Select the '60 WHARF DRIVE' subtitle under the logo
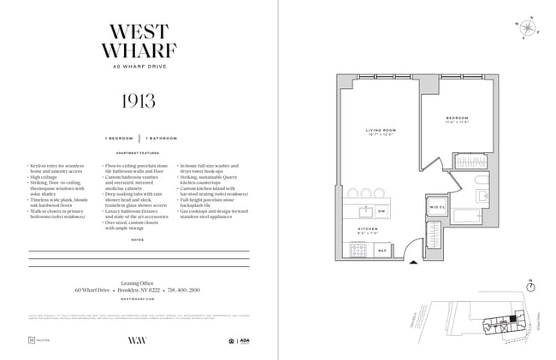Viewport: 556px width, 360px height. tap(139, 67)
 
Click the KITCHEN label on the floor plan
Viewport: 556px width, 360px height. tap(367, 229)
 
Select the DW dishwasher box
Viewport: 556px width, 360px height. tap(381, 210)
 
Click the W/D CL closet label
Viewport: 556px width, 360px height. tap(435, 208)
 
